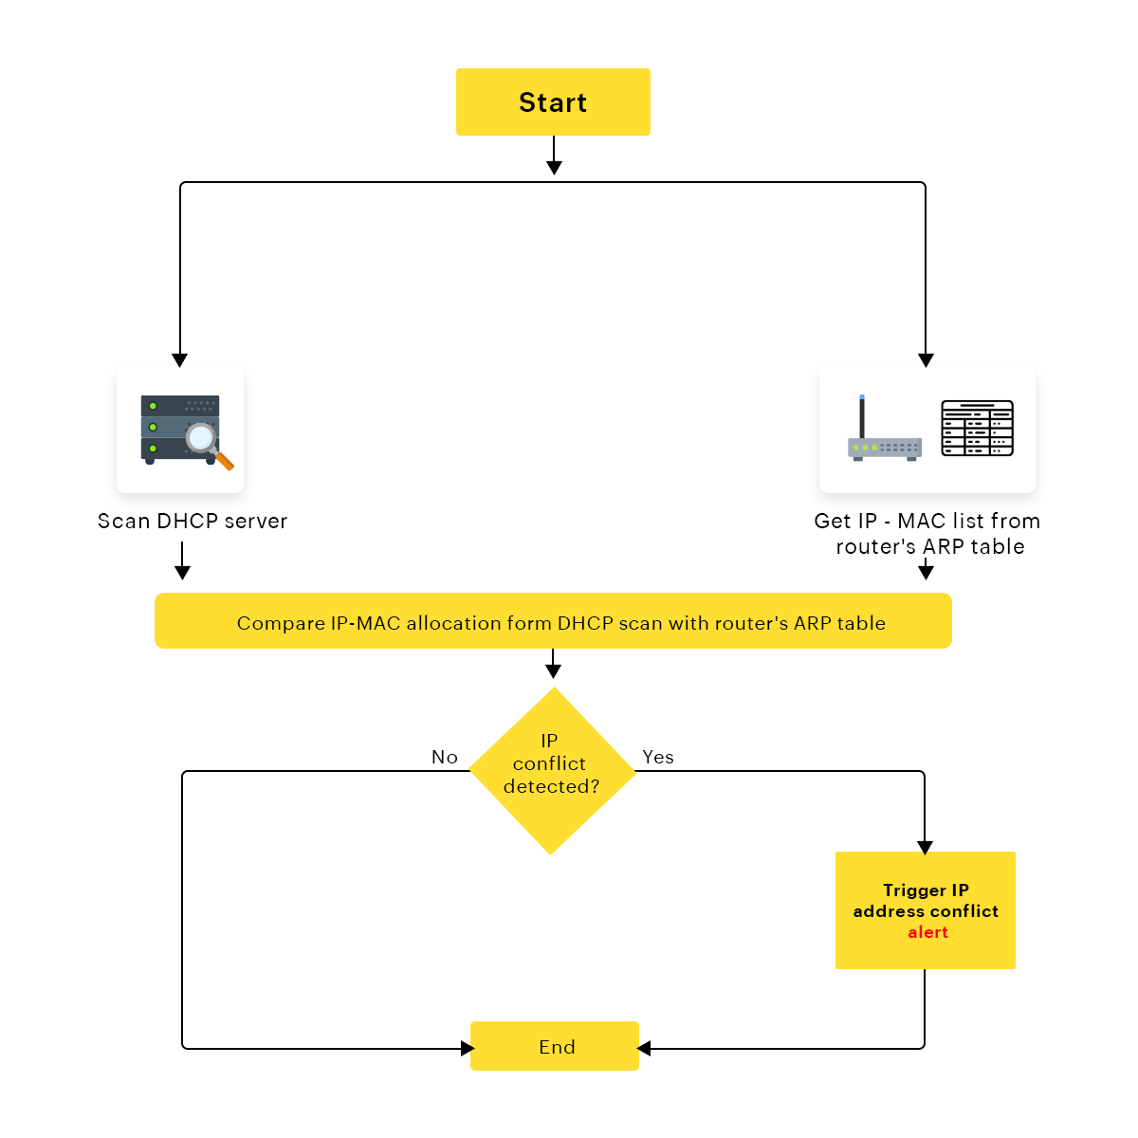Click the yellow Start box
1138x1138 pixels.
coord(553,101)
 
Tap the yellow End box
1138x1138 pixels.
coord(555,1046)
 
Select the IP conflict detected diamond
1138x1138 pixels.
coord(552,770)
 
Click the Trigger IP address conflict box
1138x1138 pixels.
coord(925,909)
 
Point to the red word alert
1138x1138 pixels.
coord(927,932)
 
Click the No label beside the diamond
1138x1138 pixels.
coord(445,757)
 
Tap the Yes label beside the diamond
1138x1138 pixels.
coord(658,757)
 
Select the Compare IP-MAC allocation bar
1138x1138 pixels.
coord(553,621)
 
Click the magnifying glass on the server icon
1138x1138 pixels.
coord(204,440)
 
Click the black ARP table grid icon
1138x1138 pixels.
coord(977,429)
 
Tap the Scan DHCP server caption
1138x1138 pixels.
coord(193,521)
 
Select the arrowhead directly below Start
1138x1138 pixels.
coord(554,168)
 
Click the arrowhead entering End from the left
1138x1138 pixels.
coord(467,1048)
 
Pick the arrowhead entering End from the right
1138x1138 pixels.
coord(645,1048)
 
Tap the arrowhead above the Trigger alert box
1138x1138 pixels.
coord(925,847)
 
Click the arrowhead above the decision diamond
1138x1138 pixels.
coord(553,670)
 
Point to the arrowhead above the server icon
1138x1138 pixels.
coord(179,360)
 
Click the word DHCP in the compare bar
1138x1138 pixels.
coord(585,623)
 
